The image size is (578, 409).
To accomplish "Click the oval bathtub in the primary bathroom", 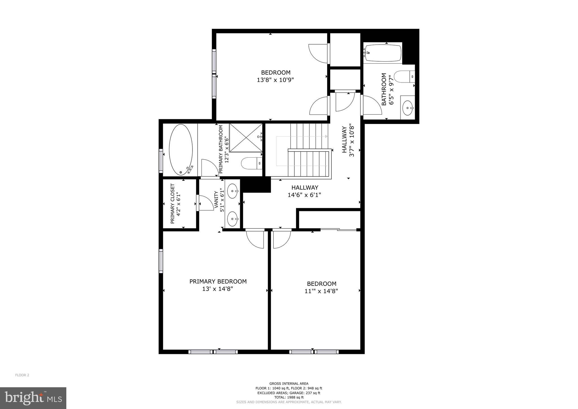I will point(181,150).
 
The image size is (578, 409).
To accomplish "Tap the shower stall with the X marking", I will point(246,138).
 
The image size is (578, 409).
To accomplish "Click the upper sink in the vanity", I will point(233,191).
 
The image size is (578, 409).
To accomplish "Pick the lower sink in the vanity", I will point(233,219).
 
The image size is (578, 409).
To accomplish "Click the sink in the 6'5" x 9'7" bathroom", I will point(408,108).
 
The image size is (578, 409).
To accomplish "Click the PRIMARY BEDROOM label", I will point(218,281).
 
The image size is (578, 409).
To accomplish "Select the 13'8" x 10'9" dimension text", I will point(275,80).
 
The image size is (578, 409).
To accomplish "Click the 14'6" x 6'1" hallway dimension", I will point(304,195).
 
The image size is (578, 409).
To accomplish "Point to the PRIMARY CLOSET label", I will point(172,204).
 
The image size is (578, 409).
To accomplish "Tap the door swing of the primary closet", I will point(206,203).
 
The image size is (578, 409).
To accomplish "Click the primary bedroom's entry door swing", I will point(255,239).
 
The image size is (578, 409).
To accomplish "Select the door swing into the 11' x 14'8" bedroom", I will point(281,239).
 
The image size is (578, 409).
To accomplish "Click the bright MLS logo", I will point(33,398).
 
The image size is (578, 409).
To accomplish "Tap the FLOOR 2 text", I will point(22,375).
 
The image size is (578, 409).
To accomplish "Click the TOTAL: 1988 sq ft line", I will point(289,397).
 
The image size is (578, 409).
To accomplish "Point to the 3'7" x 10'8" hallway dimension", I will point(352,140).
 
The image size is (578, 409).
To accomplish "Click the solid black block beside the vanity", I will point(256,185).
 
